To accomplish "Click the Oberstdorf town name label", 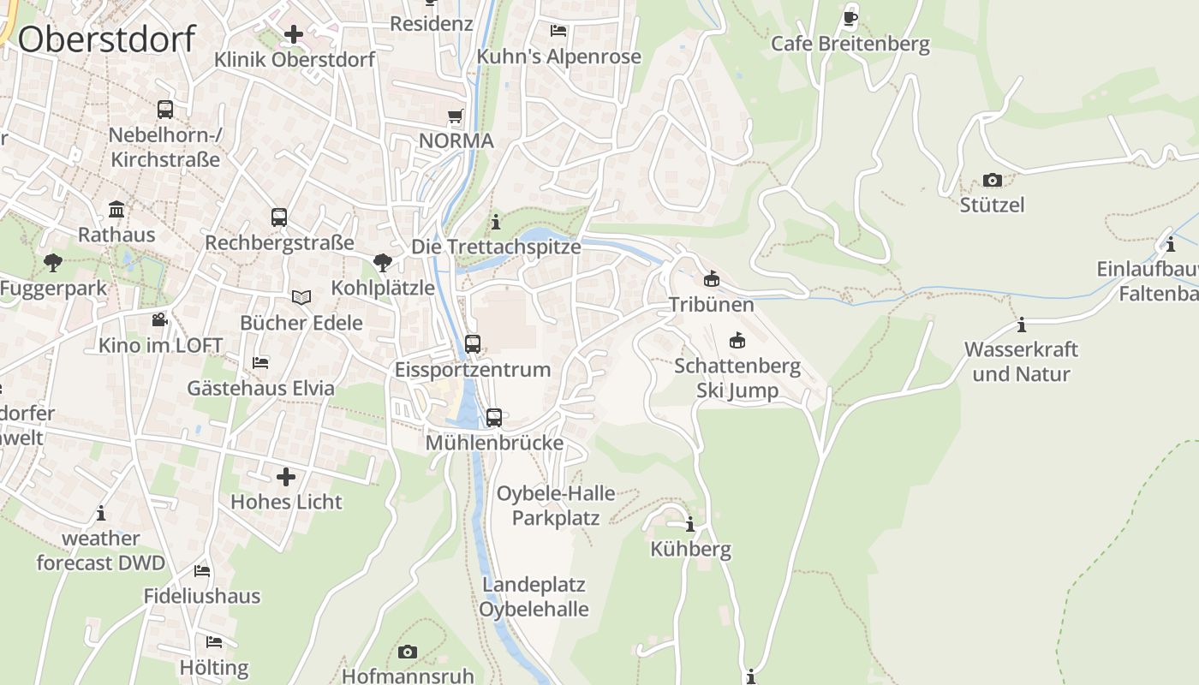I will pos(107,39).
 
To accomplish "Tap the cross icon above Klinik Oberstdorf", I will pos(294,34).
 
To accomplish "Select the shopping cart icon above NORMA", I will pos(456,116).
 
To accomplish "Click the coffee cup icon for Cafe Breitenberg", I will pos(850,17).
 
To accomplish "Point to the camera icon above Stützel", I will pos(993,180).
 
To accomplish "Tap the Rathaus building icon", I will pos(116,210).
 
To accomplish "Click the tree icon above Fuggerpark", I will pos(53,263).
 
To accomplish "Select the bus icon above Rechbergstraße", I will pos(279,217).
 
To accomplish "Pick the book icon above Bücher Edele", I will pos(301,297).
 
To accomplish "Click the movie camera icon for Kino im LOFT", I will pos(159,320).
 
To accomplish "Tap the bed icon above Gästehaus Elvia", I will pos(260,363).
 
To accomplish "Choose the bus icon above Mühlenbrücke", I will pos(494,418).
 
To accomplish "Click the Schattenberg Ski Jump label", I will pos(737,378).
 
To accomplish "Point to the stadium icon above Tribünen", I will pos(711,279).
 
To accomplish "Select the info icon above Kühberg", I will pos(690,524).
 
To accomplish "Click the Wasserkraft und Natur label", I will pos(1021,361).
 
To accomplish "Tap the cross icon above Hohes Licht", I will pos(286,477).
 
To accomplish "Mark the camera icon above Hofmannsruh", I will pos(408,652).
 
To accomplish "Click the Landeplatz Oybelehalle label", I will pos(534,597).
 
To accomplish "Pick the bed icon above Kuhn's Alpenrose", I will pos(558,31).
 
